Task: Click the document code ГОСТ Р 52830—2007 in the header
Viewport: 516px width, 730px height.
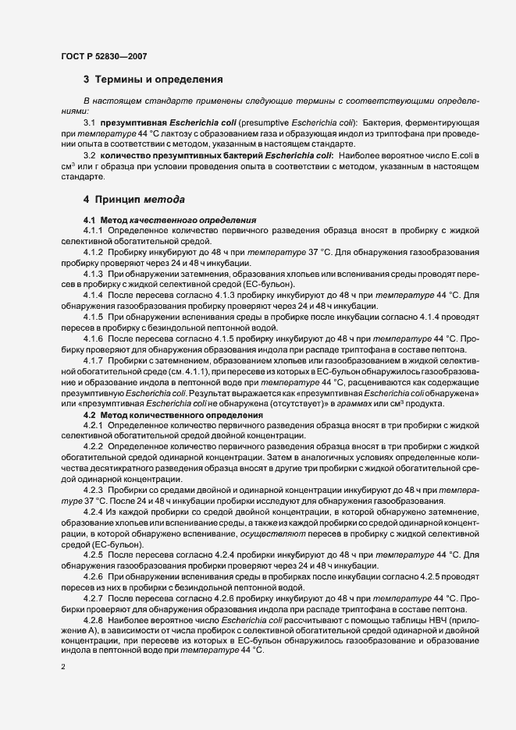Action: [105, 55]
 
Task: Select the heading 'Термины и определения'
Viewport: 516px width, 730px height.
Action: [161, 80]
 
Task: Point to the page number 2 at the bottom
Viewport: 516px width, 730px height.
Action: [63, 668]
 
